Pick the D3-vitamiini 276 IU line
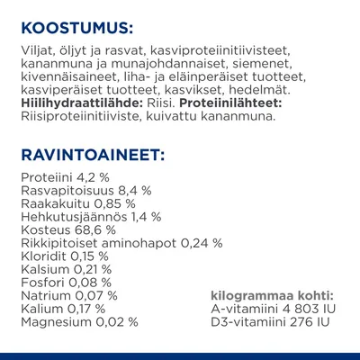pyautogui.click(x=265, y=320)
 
